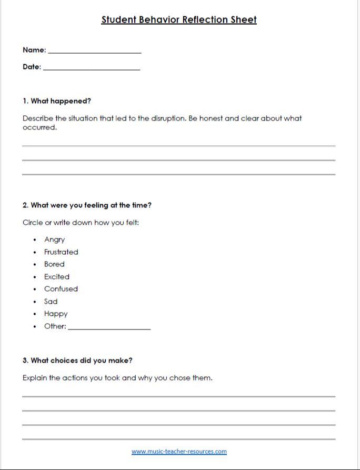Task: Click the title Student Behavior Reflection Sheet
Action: (179, 20)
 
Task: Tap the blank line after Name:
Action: (95, 52)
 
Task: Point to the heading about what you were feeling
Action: (87, 205)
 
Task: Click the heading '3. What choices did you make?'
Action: (77, 361)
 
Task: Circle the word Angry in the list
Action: (54, 239)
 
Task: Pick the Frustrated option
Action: (61, 252)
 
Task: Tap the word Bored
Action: (54, 264)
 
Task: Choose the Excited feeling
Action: (57, 277)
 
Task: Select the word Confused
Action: (61, 289)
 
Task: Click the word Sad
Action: (51, 302)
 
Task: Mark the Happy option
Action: (56, 314)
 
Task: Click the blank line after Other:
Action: (109, 328)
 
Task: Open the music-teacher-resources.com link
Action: (179, 451)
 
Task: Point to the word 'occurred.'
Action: (39, 127)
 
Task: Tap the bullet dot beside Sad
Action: (35, 302)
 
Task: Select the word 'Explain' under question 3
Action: (35, 378)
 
